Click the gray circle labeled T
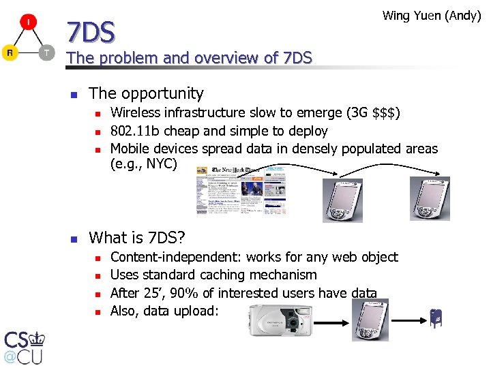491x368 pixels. pos(46,52)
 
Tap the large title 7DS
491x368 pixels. pos(91,31)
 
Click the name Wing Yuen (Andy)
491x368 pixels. pos(432,15)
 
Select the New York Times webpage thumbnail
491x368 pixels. pos(241,191)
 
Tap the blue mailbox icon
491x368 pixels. pos(435,318)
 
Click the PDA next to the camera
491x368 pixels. pos(369,318)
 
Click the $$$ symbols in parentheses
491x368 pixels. pos(383,112)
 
